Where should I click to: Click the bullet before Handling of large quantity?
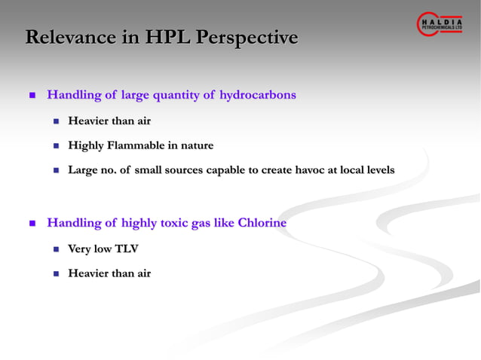(x=32, y=96)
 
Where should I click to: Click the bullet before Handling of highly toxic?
(x=32, y=224)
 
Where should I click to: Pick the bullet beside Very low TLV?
(x=56, y=249)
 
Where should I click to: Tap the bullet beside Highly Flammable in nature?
(x=56, y=146)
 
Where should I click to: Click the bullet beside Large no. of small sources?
(x=56, y=171)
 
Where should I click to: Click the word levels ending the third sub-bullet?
(x=378, y=170)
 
